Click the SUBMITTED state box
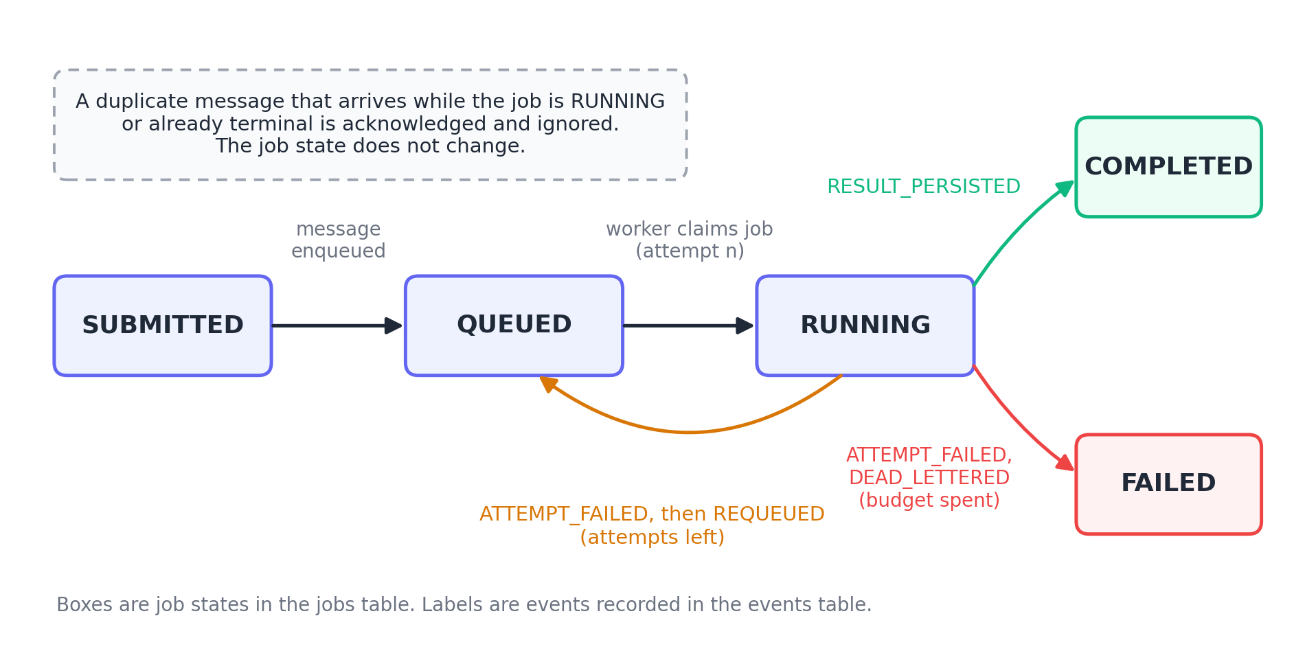(x=163, y=326)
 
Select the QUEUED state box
(x=514, y=326)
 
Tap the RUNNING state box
(x=865, y=326)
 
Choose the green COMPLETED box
(x=1168, y=167)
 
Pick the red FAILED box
(x=1168, y=484)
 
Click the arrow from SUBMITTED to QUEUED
(x=337, y=326)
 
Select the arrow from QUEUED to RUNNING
(x=688, y=326)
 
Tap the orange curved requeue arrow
(x=689, y=432)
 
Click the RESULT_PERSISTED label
(x=923, y=187)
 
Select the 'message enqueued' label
(x=338, y=240)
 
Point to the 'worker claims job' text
(x=689, y=229)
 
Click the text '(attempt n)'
(x=690, y=251)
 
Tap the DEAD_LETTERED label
(x=929, y=478)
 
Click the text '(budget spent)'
(x=929, y=500)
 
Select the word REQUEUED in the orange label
(x=769, y=514)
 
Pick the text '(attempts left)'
(x=652, y=537)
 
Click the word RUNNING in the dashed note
(x=617, y=102)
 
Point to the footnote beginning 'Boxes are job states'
(x=464, y=605)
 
